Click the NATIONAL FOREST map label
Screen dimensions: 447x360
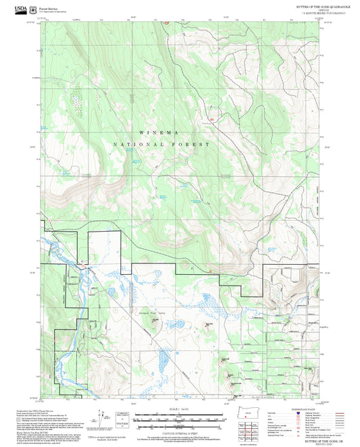(161, 144)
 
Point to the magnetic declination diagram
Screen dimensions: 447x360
(101, 419)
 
